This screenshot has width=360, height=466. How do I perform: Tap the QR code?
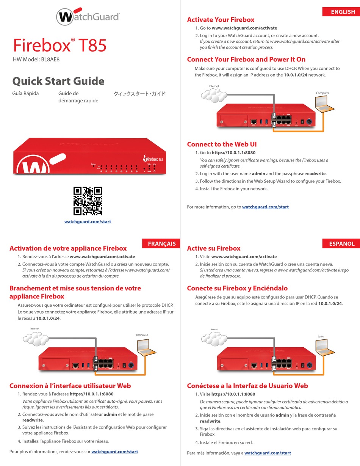[88, 201]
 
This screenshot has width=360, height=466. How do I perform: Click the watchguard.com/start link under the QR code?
[88, 222]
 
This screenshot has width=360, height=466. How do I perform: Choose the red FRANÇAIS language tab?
[161, 243]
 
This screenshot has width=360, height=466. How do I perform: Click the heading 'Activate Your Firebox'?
[221, 20]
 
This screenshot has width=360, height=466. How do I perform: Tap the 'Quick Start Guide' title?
[58, 81]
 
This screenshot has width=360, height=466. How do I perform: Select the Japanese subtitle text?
[139, 94]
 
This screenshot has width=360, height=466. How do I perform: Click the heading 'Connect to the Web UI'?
[222, 144]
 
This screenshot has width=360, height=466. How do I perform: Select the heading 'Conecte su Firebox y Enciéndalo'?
[237, 288]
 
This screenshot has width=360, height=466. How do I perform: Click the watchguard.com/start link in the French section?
[114, 452]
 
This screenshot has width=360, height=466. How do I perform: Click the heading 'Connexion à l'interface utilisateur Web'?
[70, 386]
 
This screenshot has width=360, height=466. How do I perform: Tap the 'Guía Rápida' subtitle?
[25, 93]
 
